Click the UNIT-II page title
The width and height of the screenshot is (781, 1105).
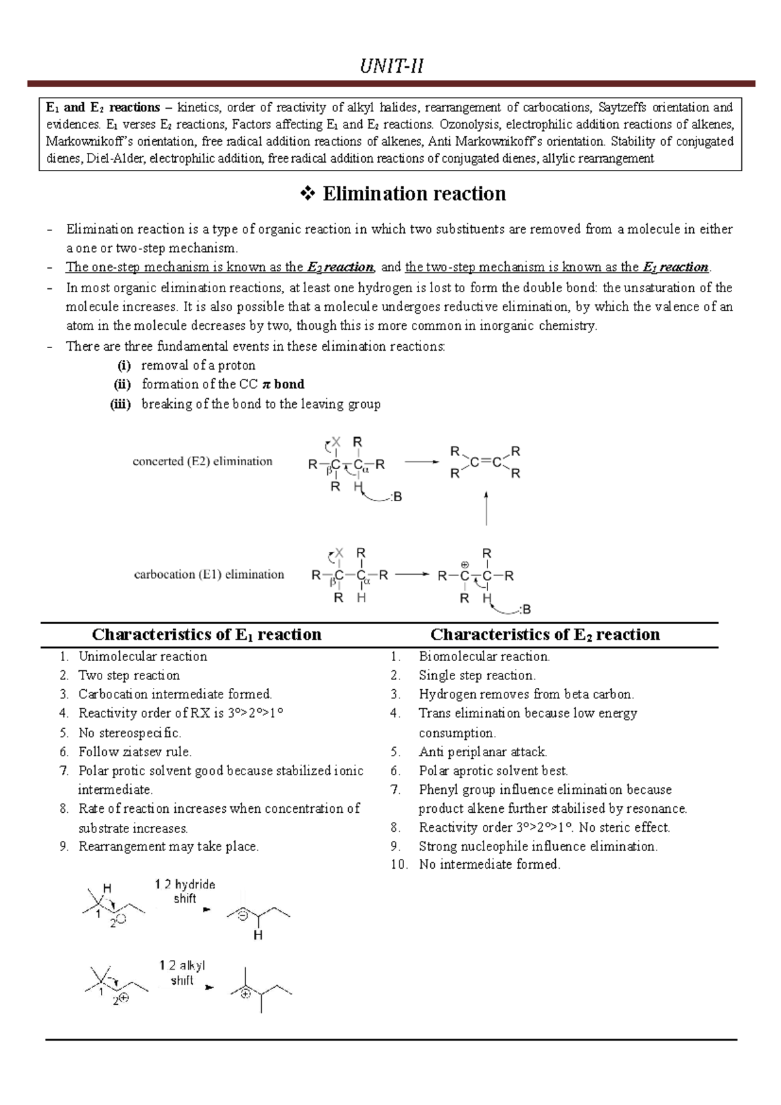coord(392,66)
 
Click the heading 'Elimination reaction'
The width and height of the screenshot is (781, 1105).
coord(414,194)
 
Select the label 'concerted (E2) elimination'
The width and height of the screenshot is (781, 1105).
coord(202,461)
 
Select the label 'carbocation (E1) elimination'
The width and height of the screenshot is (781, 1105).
coord(209,575)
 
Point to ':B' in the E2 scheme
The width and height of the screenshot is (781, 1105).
coord(395,497)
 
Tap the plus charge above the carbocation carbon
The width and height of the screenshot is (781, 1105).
coord(465,564)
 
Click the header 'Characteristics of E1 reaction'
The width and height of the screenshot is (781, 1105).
coord(206,634)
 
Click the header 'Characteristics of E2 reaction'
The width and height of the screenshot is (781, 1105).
coord(545,634)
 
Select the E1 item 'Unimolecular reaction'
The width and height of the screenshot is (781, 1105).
coord(143,657)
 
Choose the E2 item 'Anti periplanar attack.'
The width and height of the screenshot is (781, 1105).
coord(482,752)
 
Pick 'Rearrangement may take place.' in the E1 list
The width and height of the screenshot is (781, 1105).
coord(169,847)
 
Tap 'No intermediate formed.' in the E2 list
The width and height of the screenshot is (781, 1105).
coord(489,864)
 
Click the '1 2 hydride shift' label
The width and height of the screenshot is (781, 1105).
coord(185,892)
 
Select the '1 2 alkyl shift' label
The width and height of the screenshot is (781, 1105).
coord(182,973)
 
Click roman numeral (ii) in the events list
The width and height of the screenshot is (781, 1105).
coord(122,384)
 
